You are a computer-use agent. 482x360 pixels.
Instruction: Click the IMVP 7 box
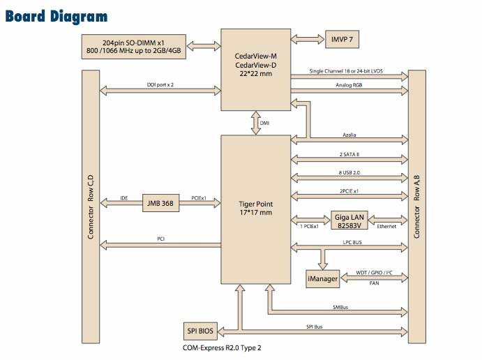342,39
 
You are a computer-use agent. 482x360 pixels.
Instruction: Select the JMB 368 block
160,203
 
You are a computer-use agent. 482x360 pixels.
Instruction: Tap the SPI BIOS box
200,331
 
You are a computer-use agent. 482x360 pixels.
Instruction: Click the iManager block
322,279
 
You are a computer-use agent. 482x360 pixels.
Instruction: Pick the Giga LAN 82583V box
349,220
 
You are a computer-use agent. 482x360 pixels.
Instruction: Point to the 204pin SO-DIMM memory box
134,47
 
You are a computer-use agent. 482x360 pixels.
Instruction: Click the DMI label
264,123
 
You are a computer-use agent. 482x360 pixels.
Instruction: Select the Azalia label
349,135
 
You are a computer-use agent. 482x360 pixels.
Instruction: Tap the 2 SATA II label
349,154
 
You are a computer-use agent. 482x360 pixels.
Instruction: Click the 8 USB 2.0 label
349,172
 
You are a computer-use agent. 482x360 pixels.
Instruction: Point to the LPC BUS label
352,242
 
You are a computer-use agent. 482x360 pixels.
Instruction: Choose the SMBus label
340,307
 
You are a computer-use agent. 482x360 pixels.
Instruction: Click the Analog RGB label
349,85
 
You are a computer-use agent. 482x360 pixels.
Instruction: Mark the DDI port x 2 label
160,84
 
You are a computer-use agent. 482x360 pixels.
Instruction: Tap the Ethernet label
386,226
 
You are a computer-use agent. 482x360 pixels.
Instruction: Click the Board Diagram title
57,16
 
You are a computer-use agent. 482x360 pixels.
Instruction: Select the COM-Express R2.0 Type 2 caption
222,347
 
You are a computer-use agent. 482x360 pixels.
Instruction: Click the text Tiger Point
256,204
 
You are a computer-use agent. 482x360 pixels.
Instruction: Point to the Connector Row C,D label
91,207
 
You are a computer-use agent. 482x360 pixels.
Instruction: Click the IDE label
124,198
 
